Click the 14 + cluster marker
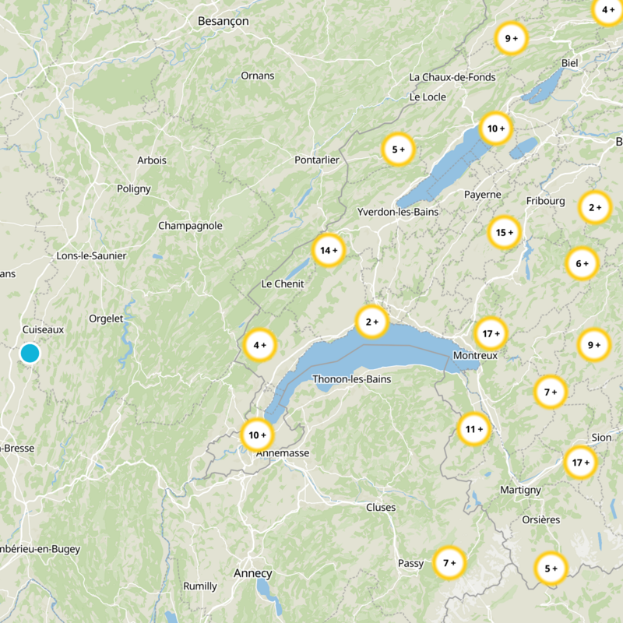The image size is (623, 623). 329,250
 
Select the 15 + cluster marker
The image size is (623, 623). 505,232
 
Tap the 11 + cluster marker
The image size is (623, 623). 474,429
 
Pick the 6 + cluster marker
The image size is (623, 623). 582,264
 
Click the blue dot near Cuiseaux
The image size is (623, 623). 30,354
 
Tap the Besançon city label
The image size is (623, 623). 223,21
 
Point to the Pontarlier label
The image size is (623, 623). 317,160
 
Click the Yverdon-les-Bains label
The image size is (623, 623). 398,212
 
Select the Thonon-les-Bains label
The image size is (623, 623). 351,379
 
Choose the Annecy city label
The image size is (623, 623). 253,573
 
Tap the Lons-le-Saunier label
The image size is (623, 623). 91,255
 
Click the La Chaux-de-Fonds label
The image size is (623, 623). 452,77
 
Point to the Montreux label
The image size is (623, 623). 474,355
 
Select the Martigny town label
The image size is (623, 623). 520,490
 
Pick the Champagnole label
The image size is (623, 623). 190,226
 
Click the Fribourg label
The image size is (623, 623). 545,201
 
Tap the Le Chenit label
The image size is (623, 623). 283,283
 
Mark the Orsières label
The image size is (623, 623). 540,519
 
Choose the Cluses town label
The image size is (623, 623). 381,508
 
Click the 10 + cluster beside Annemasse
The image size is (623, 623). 257,435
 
